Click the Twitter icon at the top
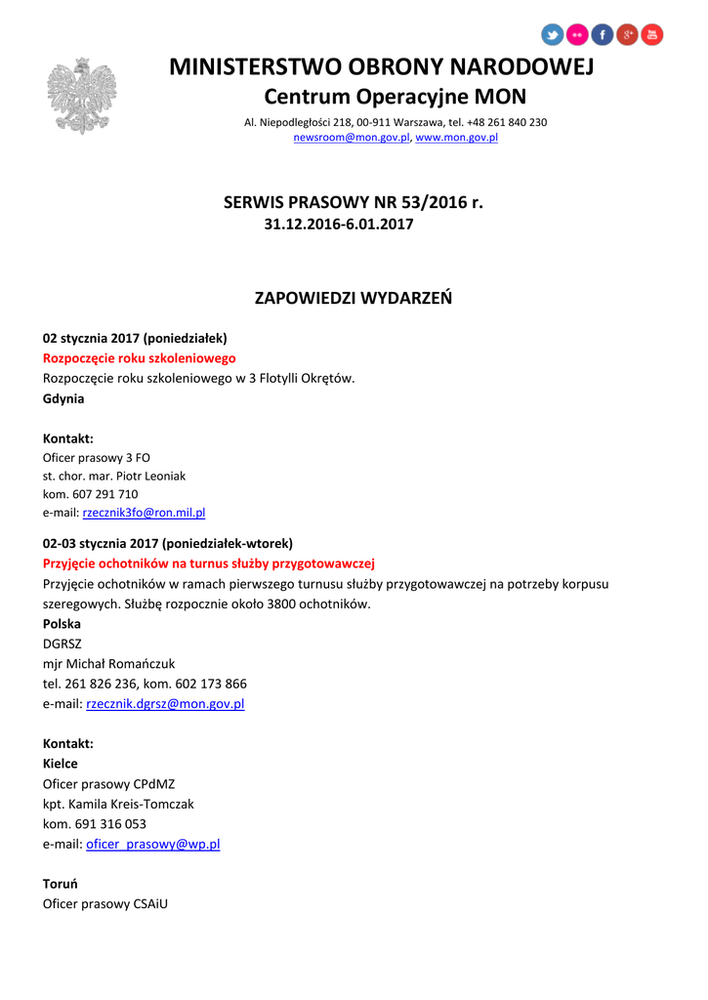coord(553,35)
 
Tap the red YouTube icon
coord(652,35)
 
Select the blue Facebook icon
coord(603,35)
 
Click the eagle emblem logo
coord(82,96)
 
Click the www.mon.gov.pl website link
coord(457,139)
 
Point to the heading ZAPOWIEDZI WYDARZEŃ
coord(354,297)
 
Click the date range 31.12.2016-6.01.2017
coord(339,225)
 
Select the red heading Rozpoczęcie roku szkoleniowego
coord(140,358)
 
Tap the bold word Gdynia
coord(63,398)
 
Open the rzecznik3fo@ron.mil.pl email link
coord(144,512)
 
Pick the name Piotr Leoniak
coord(152,476)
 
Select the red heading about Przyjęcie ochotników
coord(209,563)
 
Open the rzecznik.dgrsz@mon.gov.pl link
coord(165,703)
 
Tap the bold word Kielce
coord(61,764)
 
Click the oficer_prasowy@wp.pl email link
coord(153,844)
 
